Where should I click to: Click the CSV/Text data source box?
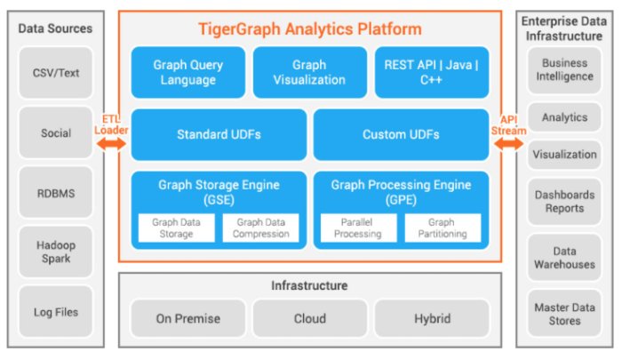click(56, 74)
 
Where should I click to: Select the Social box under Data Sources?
click(56, 133)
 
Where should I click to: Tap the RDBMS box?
click(56, 193)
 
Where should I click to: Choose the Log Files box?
click(56, 311)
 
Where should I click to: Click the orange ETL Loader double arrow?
click(112, 141)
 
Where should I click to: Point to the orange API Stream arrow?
click(509, 141)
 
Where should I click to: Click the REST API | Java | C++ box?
click(432, 72)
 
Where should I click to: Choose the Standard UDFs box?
click(219, 134)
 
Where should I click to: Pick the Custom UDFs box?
click(401, 134)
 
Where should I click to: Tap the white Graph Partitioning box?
click(443, 228)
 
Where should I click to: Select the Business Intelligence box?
click(564, 70)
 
